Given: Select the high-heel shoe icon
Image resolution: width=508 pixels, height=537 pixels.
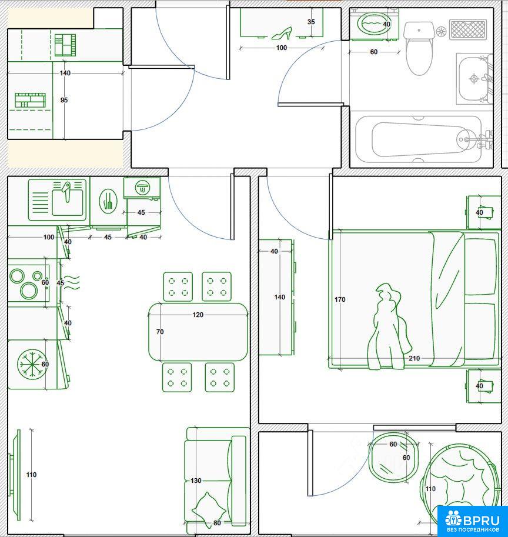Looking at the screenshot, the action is click(x=282, y=33).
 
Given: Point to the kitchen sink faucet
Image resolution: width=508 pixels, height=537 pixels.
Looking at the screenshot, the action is click(x=66, y=191).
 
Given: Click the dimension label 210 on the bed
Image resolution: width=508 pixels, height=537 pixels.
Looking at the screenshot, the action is click(x=414, y=358).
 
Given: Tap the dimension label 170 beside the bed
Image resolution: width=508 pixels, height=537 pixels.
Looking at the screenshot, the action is click(x=340, y=299).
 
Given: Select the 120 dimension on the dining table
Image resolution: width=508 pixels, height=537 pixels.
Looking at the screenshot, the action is click(x=198, y=315).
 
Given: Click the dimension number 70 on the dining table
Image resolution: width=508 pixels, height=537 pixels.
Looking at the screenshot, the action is click(x=160, y=332).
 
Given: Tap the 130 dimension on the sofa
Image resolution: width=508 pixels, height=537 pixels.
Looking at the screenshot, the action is click(x=196, y=481).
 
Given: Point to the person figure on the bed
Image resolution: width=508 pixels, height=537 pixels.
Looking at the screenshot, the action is click(x=389, y=327).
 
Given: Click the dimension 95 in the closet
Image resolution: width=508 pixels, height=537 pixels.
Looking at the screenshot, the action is click(x=64, y=100).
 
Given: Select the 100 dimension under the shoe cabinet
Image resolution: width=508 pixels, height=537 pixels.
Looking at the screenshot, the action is click(x=282, y=48).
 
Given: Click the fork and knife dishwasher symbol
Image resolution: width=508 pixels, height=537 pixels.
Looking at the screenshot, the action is click(x=108, y=201).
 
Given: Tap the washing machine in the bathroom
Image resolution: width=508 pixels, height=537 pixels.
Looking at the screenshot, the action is click(x=375, y=24).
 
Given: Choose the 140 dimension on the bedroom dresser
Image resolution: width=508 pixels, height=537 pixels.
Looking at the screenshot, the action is click(x=280, y=297).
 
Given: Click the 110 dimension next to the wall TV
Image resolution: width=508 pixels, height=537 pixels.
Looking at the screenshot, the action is click(x=31, y=475).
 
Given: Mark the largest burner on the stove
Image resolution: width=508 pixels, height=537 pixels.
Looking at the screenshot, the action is click(x=29, y=291).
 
